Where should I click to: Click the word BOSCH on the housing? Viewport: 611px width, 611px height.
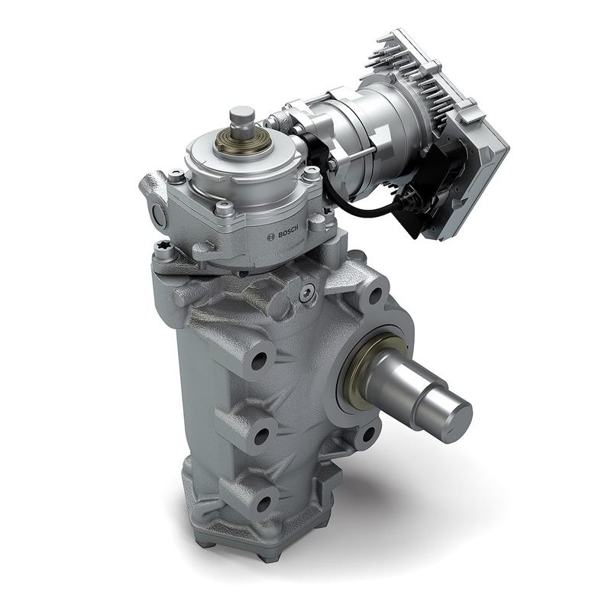(288, 233)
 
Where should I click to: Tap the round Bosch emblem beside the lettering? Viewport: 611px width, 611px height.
(271, 237)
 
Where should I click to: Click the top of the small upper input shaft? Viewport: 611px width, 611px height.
(242, 114)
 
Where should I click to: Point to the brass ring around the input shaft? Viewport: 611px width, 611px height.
(242, 143)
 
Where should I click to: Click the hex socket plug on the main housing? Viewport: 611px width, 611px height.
(308, 293)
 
